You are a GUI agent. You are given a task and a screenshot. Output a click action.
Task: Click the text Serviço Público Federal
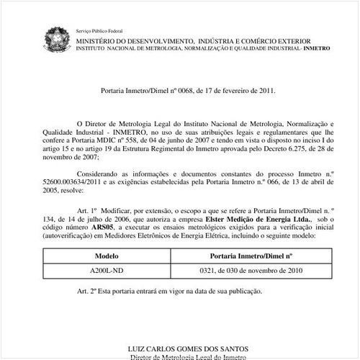pyautogui.click(x=99, y=32)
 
